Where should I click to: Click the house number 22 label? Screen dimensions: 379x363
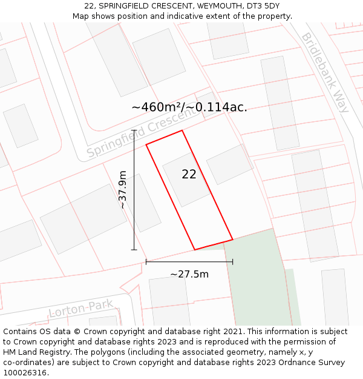coord(189,174)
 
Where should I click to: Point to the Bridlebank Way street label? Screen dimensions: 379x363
coord(325,72)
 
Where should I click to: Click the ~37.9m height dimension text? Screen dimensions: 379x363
coord(123,189)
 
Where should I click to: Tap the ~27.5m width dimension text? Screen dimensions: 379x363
coord(189,274)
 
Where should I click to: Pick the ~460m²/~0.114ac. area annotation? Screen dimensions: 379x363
coord(189,107)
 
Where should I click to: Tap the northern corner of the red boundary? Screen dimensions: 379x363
coord(181,130)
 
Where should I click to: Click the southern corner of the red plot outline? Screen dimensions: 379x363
coord(194,249)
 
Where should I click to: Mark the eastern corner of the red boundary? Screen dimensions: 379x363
coord(232,238)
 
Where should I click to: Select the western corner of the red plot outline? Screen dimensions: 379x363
coord(146,144)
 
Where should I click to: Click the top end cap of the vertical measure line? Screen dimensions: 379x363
coord(134,130)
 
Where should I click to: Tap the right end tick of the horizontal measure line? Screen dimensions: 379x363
coord(233,262)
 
